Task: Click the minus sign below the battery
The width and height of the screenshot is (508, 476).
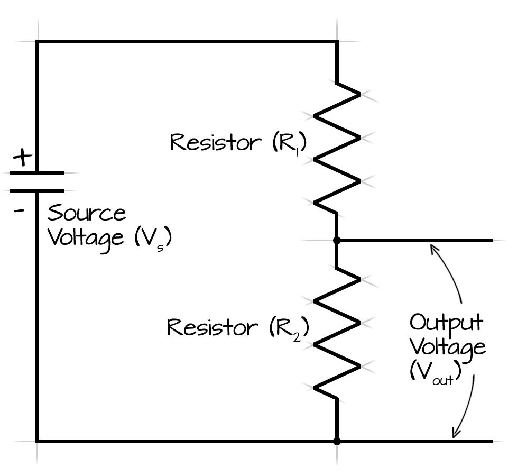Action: click(20, 210)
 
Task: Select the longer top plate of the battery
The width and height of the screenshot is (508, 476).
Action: click(37, 173)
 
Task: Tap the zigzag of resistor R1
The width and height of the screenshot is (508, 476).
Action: click(337, 149)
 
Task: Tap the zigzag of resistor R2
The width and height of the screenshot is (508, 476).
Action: click(337, 333)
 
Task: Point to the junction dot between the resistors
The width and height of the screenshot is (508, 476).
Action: click(337, 240)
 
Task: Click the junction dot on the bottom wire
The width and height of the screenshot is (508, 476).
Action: click(337, 441)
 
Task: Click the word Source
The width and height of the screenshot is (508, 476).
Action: click(87, 213)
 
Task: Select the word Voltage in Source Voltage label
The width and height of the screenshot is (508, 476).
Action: click(85, 237)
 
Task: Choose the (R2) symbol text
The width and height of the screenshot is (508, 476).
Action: click(288, 329)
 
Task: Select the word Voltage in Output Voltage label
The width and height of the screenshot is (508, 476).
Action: click(447, 347)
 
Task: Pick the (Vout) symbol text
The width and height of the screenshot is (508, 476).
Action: click(435, 372)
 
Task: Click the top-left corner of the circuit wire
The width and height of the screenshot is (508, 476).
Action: click(37, 41)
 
